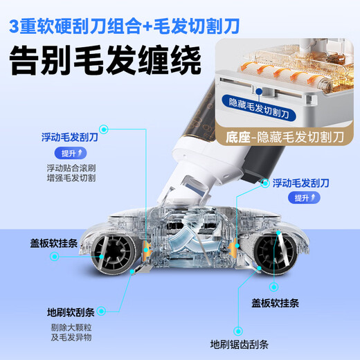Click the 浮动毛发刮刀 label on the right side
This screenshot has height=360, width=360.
click(309, 184)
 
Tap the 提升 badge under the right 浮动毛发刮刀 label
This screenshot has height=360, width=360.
click(298, 198)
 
